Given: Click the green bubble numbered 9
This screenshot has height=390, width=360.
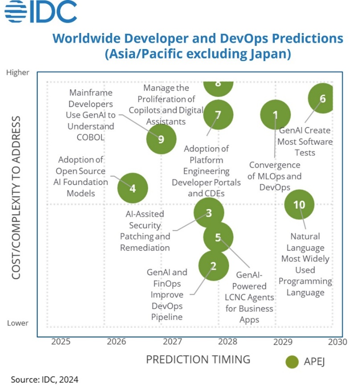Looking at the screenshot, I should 161,139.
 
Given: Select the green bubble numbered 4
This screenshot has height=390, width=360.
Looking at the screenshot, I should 132,188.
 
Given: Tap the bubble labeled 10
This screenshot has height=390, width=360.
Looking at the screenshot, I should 299,205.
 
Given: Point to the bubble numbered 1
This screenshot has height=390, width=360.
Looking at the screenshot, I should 275,115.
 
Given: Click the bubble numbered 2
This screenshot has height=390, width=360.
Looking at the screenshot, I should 213,266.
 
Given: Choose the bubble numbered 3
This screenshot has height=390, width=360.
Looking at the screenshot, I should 209,213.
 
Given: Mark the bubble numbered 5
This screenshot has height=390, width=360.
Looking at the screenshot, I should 218,237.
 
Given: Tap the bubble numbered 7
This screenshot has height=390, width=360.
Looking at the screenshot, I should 218,115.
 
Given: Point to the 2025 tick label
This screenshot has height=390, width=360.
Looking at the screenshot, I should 61,342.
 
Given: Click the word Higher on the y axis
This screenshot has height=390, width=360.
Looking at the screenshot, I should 18,72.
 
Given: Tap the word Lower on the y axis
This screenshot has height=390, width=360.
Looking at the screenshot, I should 18,323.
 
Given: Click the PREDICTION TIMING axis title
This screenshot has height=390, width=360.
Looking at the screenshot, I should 198,359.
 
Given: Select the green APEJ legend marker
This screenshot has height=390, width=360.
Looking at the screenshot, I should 292,361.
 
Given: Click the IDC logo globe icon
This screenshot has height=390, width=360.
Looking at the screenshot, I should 16,12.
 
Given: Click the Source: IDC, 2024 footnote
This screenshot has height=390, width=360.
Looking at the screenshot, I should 45,380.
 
